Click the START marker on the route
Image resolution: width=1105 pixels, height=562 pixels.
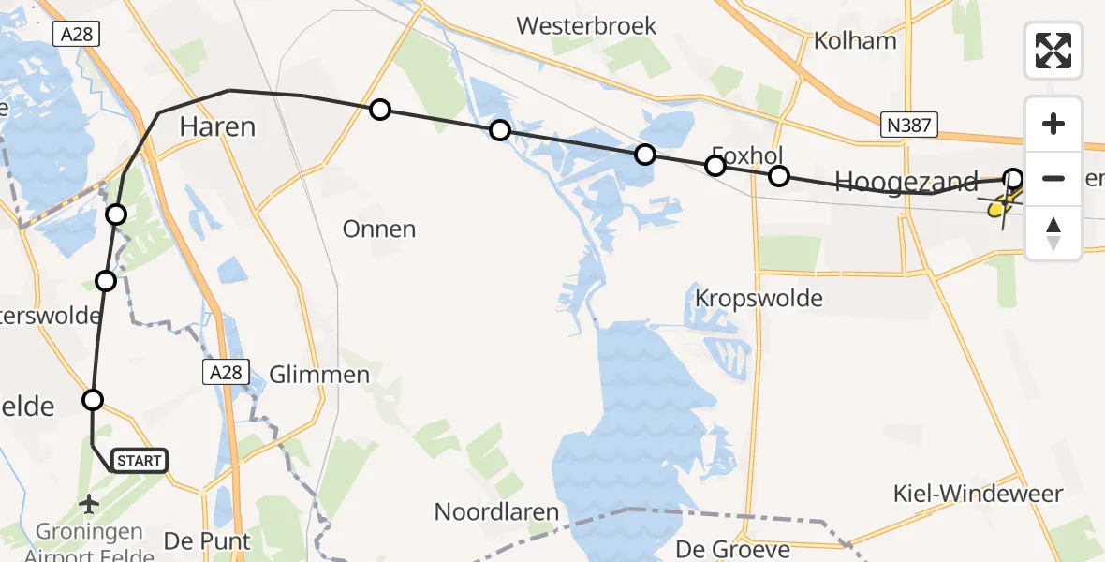point(140,460)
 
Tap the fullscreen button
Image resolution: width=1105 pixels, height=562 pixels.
point(1053,51)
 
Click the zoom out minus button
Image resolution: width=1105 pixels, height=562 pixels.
point(1053,178)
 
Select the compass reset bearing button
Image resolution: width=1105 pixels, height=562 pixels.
point(1053,233)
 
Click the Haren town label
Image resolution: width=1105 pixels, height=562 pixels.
point(217,126)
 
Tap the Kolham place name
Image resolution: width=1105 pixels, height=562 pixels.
point(855,41)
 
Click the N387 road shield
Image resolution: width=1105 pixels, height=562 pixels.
point(908,124)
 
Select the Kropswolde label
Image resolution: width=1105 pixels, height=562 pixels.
point(759,299)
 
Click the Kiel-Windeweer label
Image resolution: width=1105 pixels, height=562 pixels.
point(978,493)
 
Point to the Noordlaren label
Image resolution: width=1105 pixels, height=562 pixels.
point(496,512)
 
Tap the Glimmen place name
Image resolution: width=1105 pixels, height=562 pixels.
point(319,375)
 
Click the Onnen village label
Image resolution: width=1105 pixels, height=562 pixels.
point(379,229)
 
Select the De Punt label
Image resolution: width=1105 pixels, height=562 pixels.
point(207,541)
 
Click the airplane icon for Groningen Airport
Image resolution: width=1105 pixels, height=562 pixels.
point(90,505)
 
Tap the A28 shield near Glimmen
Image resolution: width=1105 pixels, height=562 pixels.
point(225,373)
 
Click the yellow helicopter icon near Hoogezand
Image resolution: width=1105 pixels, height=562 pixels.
point(1000,205)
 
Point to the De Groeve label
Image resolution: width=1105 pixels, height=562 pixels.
point(733,548)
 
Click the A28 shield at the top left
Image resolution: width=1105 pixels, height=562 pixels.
point(76,35)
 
